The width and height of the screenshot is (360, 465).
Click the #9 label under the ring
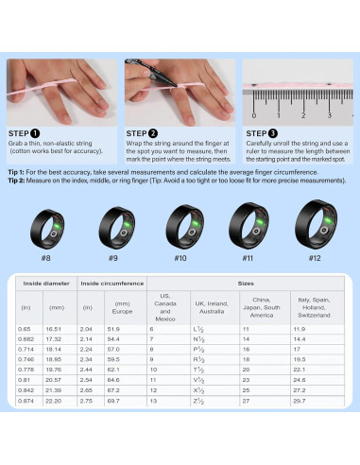click(x=111, y=259)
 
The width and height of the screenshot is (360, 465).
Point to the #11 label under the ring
click(x=247, y=259)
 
